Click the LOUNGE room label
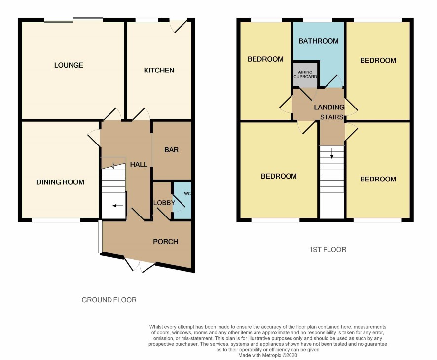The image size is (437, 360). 69,65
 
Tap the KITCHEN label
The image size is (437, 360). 159,70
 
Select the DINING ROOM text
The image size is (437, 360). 60,182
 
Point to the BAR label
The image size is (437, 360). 171,150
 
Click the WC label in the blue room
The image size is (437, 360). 187,194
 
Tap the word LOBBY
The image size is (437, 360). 164,203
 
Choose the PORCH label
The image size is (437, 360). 165,242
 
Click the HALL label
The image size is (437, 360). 139,165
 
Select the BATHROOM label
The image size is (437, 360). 319,41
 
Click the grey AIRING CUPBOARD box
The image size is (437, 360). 305,74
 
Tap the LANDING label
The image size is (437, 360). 329,108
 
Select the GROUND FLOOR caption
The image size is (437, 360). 109,300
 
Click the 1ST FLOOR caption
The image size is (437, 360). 328,250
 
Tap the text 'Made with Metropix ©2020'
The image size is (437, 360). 267,355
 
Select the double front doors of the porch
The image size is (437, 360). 140,265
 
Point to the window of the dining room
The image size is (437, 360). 56,220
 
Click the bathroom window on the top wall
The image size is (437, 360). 317,20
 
